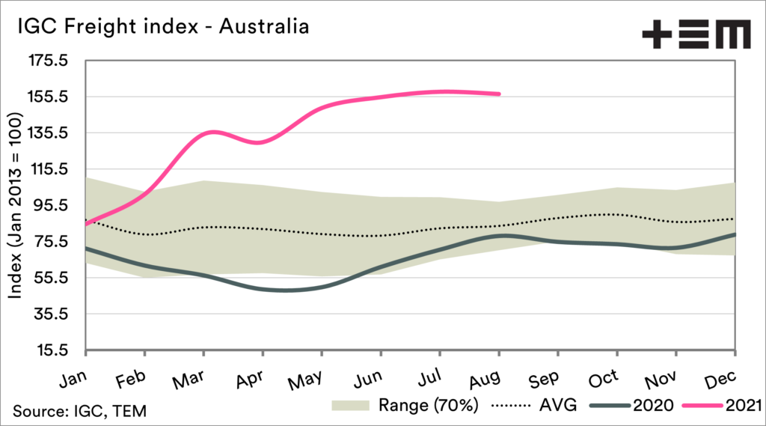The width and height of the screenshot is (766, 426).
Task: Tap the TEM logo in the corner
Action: tap(695, 34)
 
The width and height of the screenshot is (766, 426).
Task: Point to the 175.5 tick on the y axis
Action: tap(49, 61)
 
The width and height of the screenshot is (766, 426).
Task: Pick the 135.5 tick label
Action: tap(49, 133)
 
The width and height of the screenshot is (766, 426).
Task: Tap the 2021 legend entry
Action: tap(741, 406)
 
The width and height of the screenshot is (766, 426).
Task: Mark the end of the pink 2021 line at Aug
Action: tap(499, 94)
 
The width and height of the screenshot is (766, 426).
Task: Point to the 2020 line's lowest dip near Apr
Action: tap(281, 290)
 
